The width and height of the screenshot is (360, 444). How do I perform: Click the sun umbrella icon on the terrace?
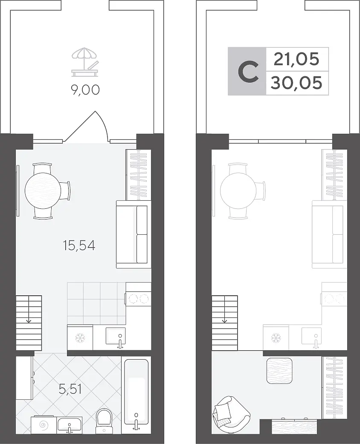coord(85,62)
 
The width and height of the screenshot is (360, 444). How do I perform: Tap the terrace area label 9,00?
coord(85,90)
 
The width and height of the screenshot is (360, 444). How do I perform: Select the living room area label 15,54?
coord(79,245)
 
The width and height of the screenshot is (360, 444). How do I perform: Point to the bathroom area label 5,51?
coord(70,389)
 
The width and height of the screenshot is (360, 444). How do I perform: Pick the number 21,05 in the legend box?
coord(296,59)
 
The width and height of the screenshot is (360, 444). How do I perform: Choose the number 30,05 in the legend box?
coord(296,83)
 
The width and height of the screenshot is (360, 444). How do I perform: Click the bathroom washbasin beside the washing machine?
coord(70,425)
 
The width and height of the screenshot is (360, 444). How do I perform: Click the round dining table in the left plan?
coord(43,191)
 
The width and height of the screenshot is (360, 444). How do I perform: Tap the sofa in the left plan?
coord(133,234)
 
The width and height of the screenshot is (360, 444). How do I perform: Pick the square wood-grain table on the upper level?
coord(279,371)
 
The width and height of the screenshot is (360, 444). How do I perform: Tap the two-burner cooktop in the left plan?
coord(138,299)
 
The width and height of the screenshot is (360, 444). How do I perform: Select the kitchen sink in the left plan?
coord(116,337)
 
